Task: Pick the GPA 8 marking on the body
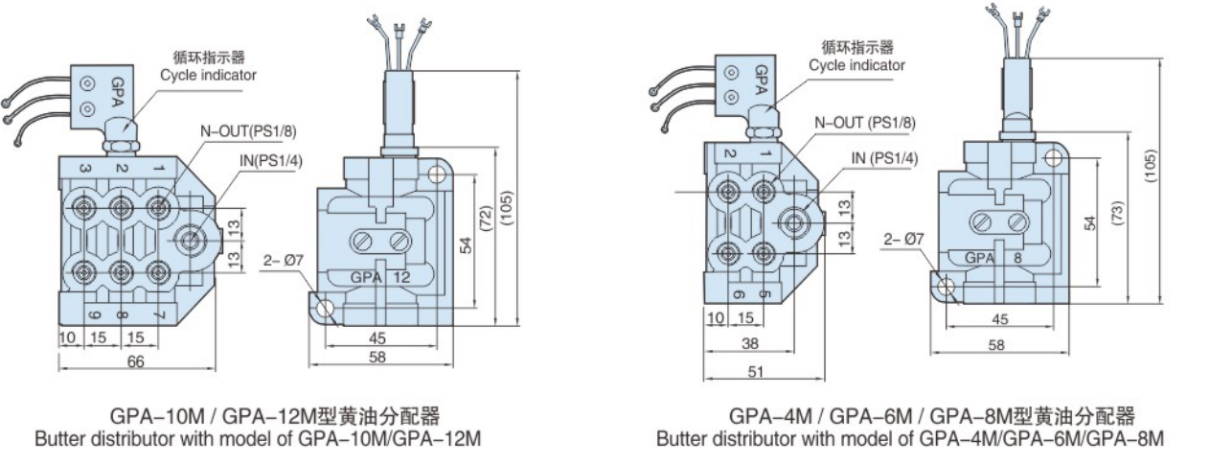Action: pos(995,257)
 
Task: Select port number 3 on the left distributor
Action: pos(85,169)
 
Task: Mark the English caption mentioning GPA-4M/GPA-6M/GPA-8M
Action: pos(909,439)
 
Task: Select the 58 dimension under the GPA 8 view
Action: pos(997,346)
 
